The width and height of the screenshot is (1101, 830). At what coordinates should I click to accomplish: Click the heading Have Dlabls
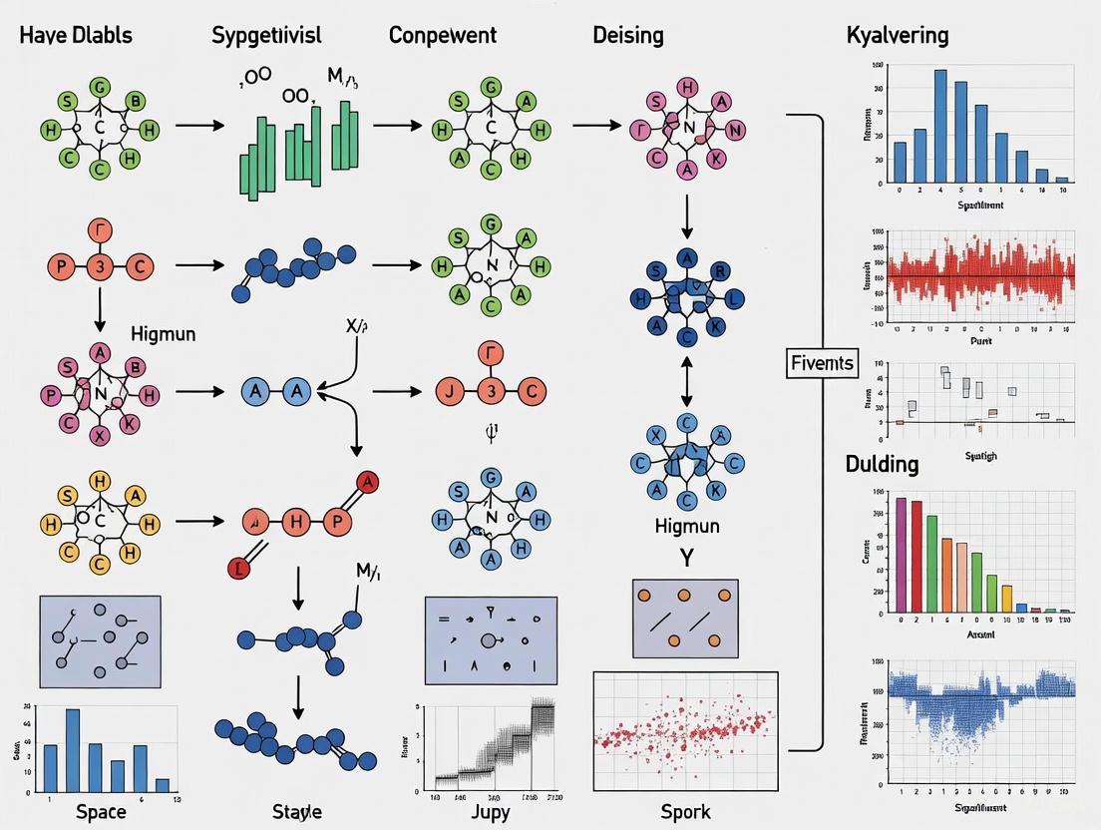[x=75, y=36]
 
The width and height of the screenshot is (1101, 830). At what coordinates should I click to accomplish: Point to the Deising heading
[x=628, y=36]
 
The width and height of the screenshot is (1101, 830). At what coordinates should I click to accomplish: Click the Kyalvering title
[x=897, y=36]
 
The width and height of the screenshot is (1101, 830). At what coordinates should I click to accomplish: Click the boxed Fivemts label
[x=821, y=362]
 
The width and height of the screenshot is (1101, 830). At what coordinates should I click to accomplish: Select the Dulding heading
[x=883, y=465]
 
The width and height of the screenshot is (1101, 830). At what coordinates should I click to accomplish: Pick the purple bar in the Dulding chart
[x=901, y=554]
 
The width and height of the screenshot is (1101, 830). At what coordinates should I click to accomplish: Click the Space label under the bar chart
[x=101, y=811]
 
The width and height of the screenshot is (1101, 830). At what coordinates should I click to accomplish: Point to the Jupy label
[x=490, y=811]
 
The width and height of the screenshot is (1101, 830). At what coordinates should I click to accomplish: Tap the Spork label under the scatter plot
[x=686, y=811]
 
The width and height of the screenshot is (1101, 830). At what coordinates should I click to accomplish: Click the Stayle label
[x=297, y=811]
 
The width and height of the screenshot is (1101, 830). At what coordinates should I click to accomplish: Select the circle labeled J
[x=448, y=391]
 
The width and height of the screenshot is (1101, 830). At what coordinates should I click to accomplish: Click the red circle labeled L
[x=237, y=570]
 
